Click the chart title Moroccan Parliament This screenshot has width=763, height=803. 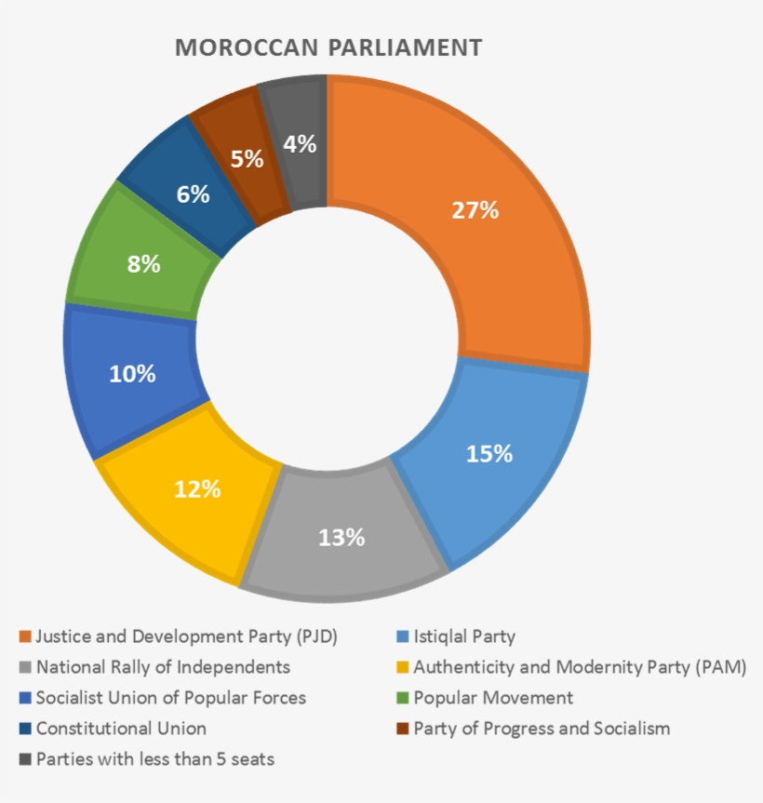[x=328, y=47]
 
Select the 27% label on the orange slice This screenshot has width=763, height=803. [x=475, y=210]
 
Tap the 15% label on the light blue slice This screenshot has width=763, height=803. [x=489, y=453]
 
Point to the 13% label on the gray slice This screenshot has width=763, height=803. [x=341, y=537]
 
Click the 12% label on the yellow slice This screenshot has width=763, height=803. [x=197, y=488]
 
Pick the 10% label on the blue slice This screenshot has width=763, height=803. [x=132, y=374]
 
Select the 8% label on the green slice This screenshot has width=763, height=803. [x=143, y=264]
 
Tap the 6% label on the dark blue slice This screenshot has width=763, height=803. [x=193, y=195]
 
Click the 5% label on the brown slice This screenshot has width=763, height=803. [x=247, y=159]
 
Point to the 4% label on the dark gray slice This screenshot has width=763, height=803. [x=301, y=144]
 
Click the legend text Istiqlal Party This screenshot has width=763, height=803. [x=464, y=637]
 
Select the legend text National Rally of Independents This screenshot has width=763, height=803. [x=163, y=667]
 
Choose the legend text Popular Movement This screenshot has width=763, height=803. [x=493, y=698]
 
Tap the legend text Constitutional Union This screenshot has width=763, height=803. [x=121, y=728]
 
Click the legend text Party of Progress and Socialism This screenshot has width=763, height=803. [x=542, y=728]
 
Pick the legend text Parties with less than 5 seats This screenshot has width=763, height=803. [x=155, y=758]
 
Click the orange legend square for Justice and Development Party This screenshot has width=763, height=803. [x=25, y=637]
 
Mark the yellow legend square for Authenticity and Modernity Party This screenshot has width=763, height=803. [x=402, y=667]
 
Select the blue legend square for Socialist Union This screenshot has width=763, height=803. [x=25, y=698]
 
